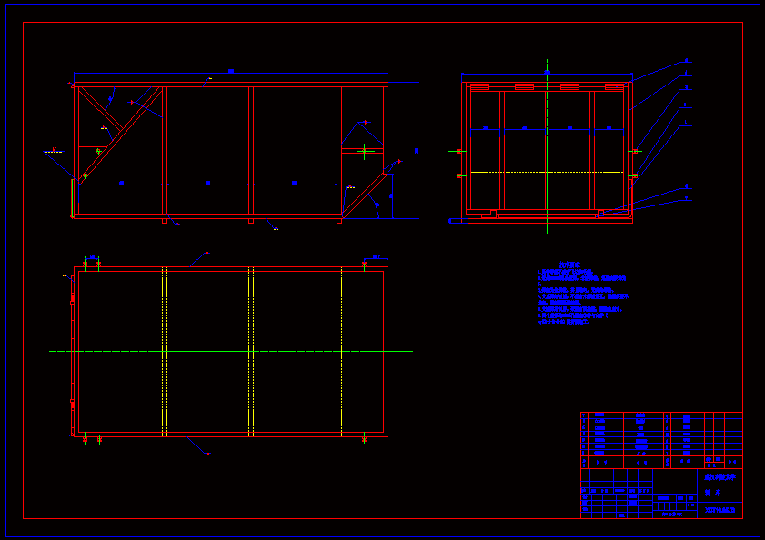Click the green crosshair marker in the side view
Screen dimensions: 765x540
coord(365,150)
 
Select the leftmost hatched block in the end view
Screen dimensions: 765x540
coord(479,86)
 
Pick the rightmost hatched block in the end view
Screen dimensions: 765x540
coord(615,86)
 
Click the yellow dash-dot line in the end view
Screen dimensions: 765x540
coord(547,172)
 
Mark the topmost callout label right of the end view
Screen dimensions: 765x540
coord(686,61)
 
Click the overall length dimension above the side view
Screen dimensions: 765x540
coord(231,71)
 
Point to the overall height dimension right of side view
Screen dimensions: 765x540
coord(417,150)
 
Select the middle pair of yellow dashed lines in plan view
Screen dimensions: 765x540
coord(251,351)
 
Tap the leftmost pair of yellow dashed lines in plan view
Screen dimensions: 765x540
coord(165,351)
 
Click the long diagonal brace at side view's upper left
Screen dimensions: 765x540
coord(120,136)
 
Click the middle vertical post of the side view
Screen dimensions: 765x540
coord(251,150)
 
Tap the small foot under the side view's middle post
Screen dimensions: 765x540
coord(251,220)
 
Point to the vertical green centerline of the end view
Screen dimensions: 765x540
coord(547,118)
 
